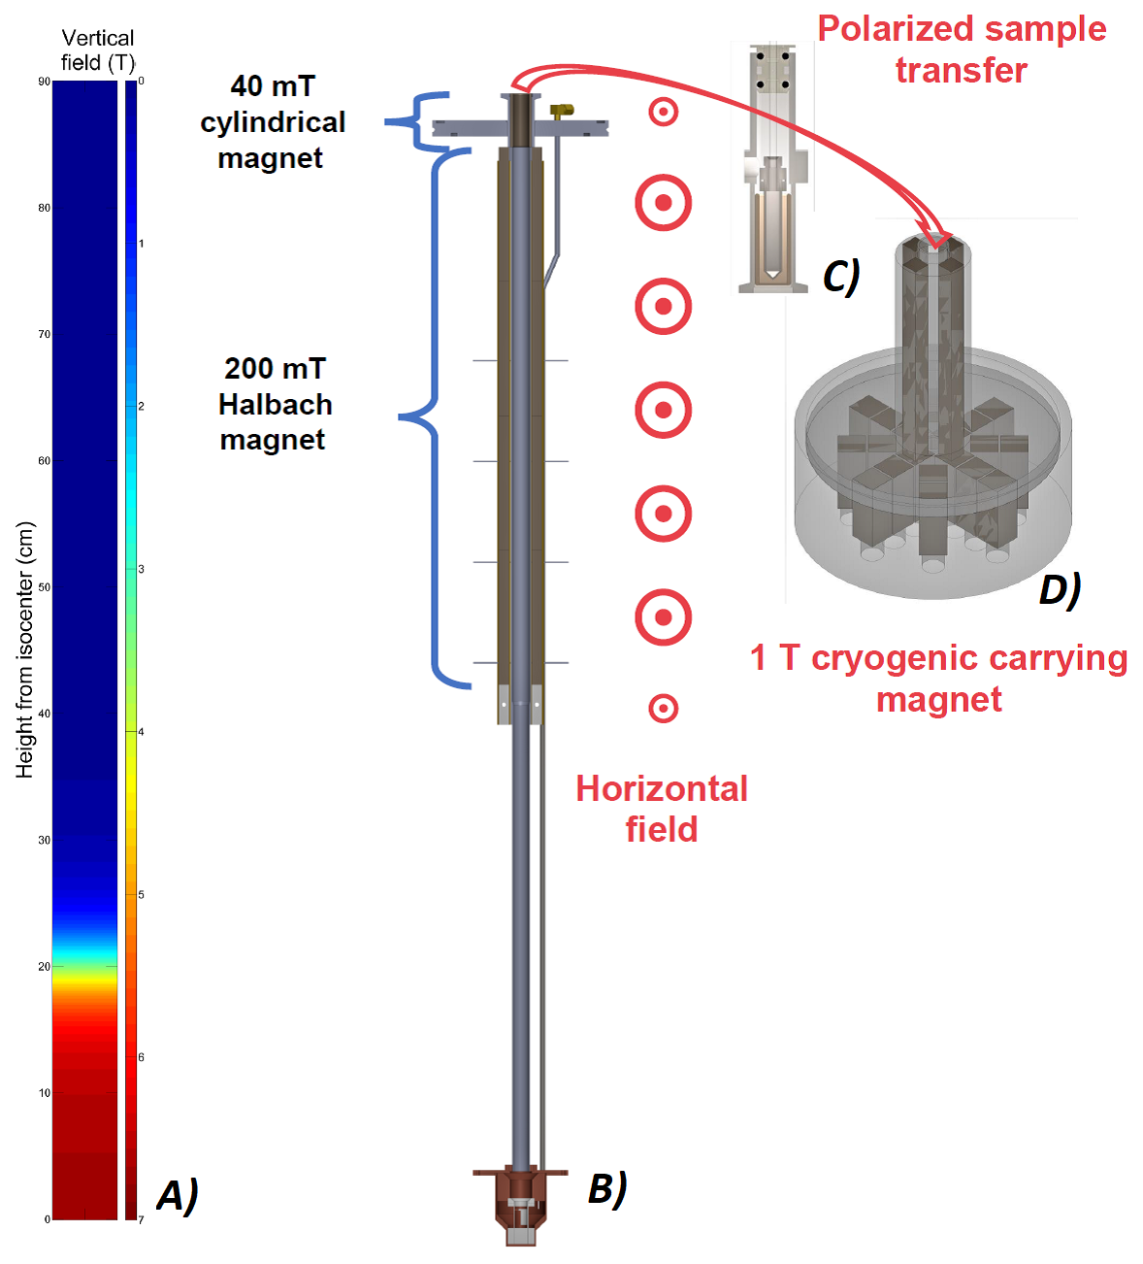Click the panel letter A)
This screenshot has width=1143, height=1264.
tap(178, 1196)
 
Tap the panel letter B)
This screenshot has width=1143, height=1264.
tap(607, 1189)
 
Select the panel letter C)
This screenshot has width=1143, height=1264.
tap(841, 277)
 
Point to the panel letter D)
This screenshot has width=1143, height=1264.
tap(1060, 590)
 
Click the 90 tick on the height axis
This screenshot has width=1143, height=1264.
tap(44, 82)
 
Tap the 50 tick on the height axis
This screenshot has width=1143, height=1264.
tap(44, 587)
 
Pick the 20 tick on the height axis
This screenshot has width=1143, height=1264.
tap(44, 967)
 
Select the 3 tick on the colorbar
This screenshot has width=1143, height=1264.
tap(141, 569)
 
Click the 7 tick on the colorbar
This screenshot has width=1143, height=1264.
tap(141, 1220)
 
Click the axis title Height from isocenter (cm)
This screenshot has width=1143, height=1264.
tap(24, 649)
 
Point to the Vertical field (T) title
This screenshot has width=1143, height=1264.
tap(98, 50)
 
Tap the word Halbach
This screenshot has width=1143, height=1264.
tap(276, 405)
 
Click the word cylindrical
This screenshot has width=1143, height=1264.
tap(273, 122)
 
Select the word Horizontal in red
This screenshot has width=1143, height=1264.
tap(662, 789)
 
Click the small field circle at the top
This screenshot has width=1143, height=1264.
tap(663, 113)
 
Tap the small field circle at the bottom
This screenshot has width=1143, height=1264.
tap(663, 709)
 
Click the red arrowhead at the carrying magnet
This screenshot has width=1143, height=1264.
tap(936, 235)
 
